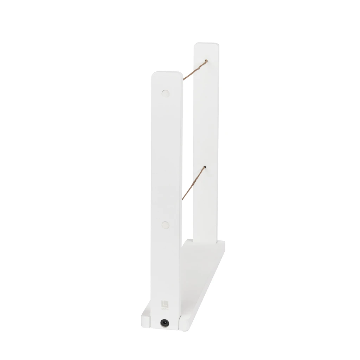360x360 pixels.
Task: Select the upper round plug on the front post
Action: pos(165,94)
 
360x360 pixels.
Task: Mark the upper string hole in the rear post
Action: pos(206,61)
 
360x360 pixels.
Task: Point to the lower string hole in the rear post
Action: pos(205,168)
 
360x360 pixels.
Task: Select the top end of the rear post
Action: pos(207,45)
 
